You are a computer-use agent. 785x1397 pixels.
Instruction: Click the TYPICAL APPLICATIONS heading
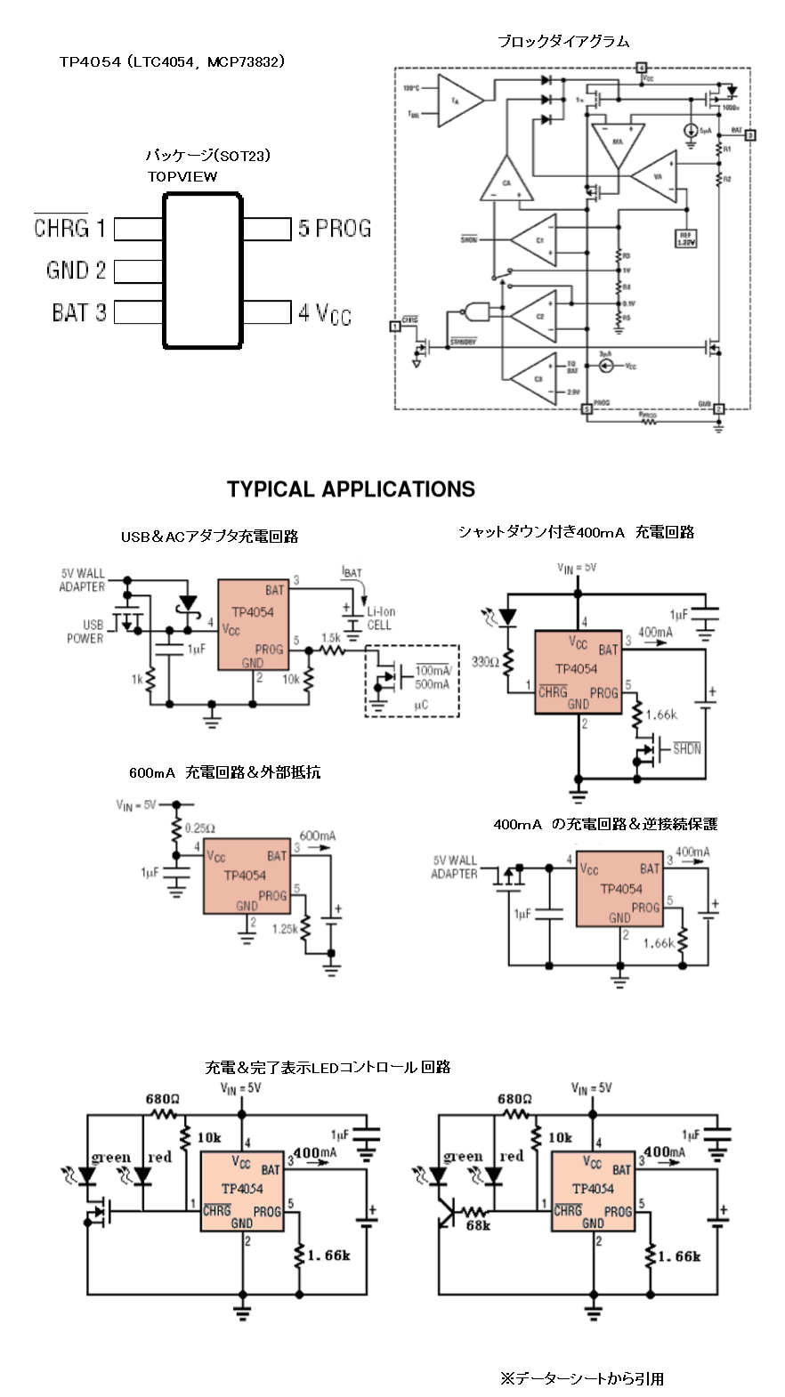351,489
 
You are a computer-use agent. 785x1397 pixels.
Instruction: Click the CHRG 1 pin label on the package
69,229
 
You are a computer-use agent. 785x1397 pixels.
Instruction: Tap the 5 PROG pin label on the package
335,229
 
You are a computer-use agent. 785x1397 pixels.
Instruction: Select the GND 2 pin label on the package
76,271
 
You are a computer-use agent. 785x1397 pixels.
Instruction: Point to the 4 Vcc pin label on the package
325,313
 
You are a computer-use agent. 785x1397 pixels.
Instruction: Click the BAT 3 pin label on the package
78,312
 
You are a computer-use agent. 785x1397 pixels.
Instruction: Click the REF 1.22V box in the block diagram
685,238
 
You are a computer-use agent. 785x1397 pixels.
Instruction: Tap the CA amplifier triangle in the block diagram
506,182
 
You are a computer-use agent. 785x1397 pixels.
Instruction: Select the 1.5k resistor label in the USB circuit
331,638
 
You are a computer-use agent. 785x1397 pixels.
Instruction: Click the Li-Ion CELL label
381,618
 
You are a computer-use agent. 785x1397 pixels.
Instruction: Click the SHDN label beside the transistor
686,748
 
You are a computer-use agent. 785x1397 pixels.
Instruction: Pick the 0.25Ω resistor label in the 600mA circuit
199,828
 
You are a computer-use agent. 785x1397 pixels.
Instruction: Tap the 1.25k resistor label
285,928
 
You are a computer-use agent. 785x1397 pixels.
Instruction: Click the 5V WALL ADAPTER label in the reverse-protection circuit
455,867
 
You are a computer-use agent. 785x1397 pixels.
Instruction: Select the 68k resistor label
478,1225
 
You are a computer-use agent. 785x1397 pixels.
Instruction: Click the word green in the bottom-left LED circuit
111,1157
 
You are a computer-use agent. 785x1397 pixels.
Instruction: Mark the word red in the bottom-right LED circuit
511,1156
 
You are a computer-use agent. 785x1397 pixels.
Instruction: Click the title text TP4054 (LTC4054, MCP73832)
172,61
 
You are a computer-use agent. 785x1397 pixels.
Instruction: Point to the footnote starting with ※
581,1378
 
